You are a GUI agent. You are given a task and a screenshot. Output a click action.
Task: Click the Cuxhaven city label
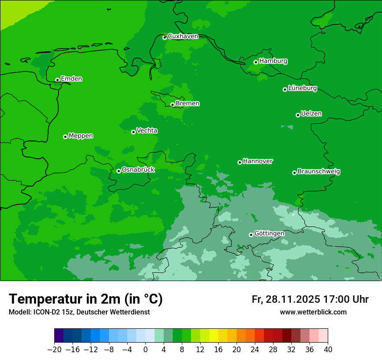[183, 36]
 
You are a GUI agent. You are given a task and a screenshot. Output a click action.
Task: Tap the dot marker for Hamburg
[256, 62]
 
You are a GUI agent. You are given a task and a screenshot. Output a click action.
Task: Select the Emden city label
[71, 79]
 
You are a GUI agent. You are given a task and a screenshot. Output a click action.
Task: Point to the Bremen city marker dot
[172, 105]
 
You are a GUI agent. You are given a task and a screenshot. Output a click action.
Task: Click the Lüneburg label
[302, 88]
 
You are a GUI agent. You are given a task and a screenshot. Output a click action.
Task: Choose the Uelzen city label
[311, 114]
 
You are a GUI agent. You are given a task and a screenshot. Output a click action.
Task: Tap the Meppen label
[81, 136]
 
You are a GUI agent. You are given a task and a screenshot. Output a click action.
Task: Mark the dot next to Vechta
[133, 132]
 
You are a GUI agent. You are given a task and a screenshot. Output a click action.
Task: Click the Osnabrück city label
[138, 170]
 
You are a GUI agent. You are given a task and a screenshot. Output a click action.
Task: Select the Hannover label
[258, 161]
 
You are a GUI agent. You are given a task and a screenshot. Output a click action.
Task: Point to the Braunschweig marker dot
[294, 173]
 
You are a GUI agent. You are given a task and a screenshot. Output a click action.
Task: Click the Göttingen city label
[269, 233]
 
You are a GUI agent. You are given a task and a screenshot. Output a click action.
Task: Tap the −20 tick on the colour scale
[54, 350]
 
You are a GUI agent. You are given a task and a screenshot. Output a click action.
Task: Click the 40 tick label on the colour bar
[328, 350]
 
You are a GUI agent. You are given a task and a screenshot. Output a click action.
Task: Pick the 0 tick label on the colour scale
[145, 350]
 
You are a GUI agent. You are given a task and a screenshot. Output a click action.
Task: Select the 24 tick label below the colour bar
[255, 350]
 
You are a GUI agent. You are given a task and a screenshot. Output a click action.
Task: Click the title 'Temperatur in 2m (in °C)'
[86, 299]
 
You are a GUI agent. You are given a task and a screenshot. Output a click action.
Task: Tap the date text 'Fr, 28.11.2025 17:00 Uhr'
[310, 299]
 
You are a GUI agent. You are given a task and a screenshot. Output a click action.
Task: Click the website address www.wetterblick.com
[313, 312]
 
